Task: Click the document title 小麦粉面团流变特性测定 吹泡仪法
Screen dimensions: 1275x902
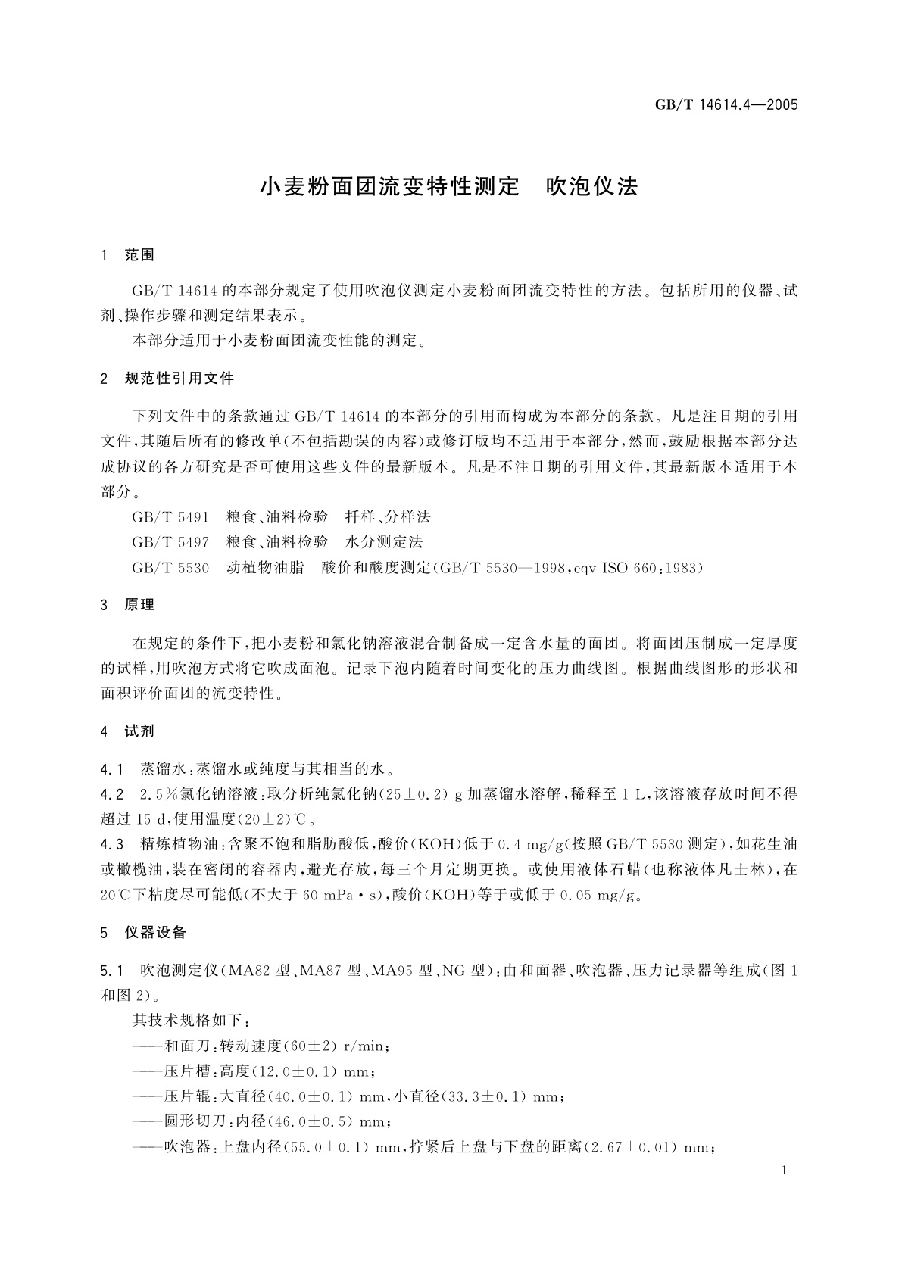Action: pyautogui.click(x=450, y=187)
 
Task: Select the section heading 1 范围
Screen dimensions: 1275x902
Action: pyautogui.click(x=128, y=256)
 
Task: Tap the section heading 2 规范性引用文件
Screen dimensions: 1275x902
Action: pyautogui.click(x=167, y=379)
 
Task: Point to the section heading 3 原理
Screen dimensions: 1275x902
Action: pyautogui.click(x=128, y=605)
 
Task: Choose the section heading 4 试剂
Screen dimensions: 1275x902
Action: pyautogui.click(x=128, y=731)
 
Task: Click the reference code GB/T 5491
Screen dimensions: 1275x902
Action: pyautogui.click(x=170, y=517)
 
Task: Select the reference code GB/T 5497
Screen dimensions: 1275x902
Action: pyautogui.click(x=170, y=542)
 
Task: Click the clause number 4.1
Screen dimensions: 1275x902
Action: pyautogui.click(x=112, y=769)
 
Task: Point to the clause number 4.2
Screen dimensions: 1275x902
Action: pyautogui.click(x=112, y=794)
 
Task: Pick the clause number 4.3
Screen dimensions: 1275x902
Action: pyautogui.click(x=112, y=844)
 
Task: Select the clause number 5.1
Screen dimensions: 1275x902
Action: pyautogui.click(x=112, y=970)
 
